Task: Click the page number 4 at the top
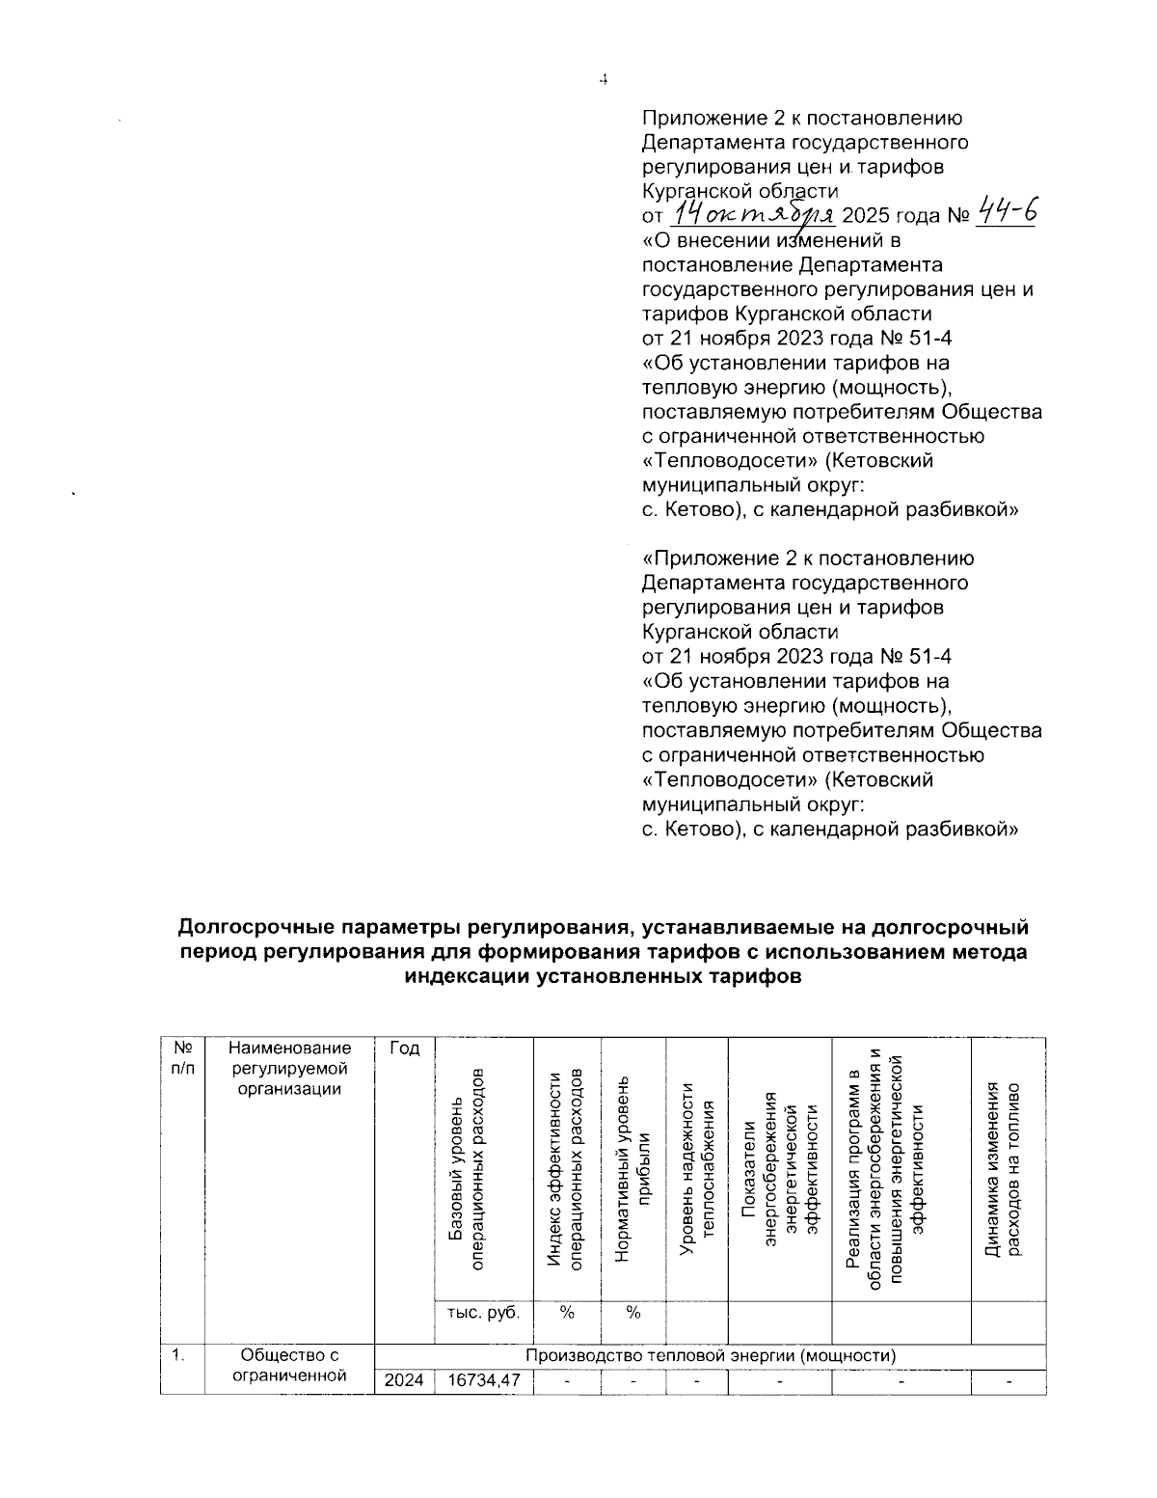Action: tap(603, 81)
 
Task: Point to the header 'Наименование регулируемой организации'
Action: tap(289, 1069)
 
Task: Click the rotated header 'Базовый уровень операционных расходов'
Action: tap(471, 1168)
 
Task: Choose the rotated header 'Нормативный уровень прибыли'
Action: tap(633, 1168)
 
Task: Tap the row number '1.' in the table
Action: tap(179, 1355)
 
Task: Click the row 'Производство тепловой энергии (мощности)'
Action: tap(711, 1355)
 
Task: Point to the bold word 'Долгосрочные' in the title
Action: tap(253, 928)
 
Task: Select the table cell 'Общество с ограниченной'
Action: tap(289, 1366)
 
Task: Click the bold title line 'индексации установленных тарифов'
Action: tap(603, 976)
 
